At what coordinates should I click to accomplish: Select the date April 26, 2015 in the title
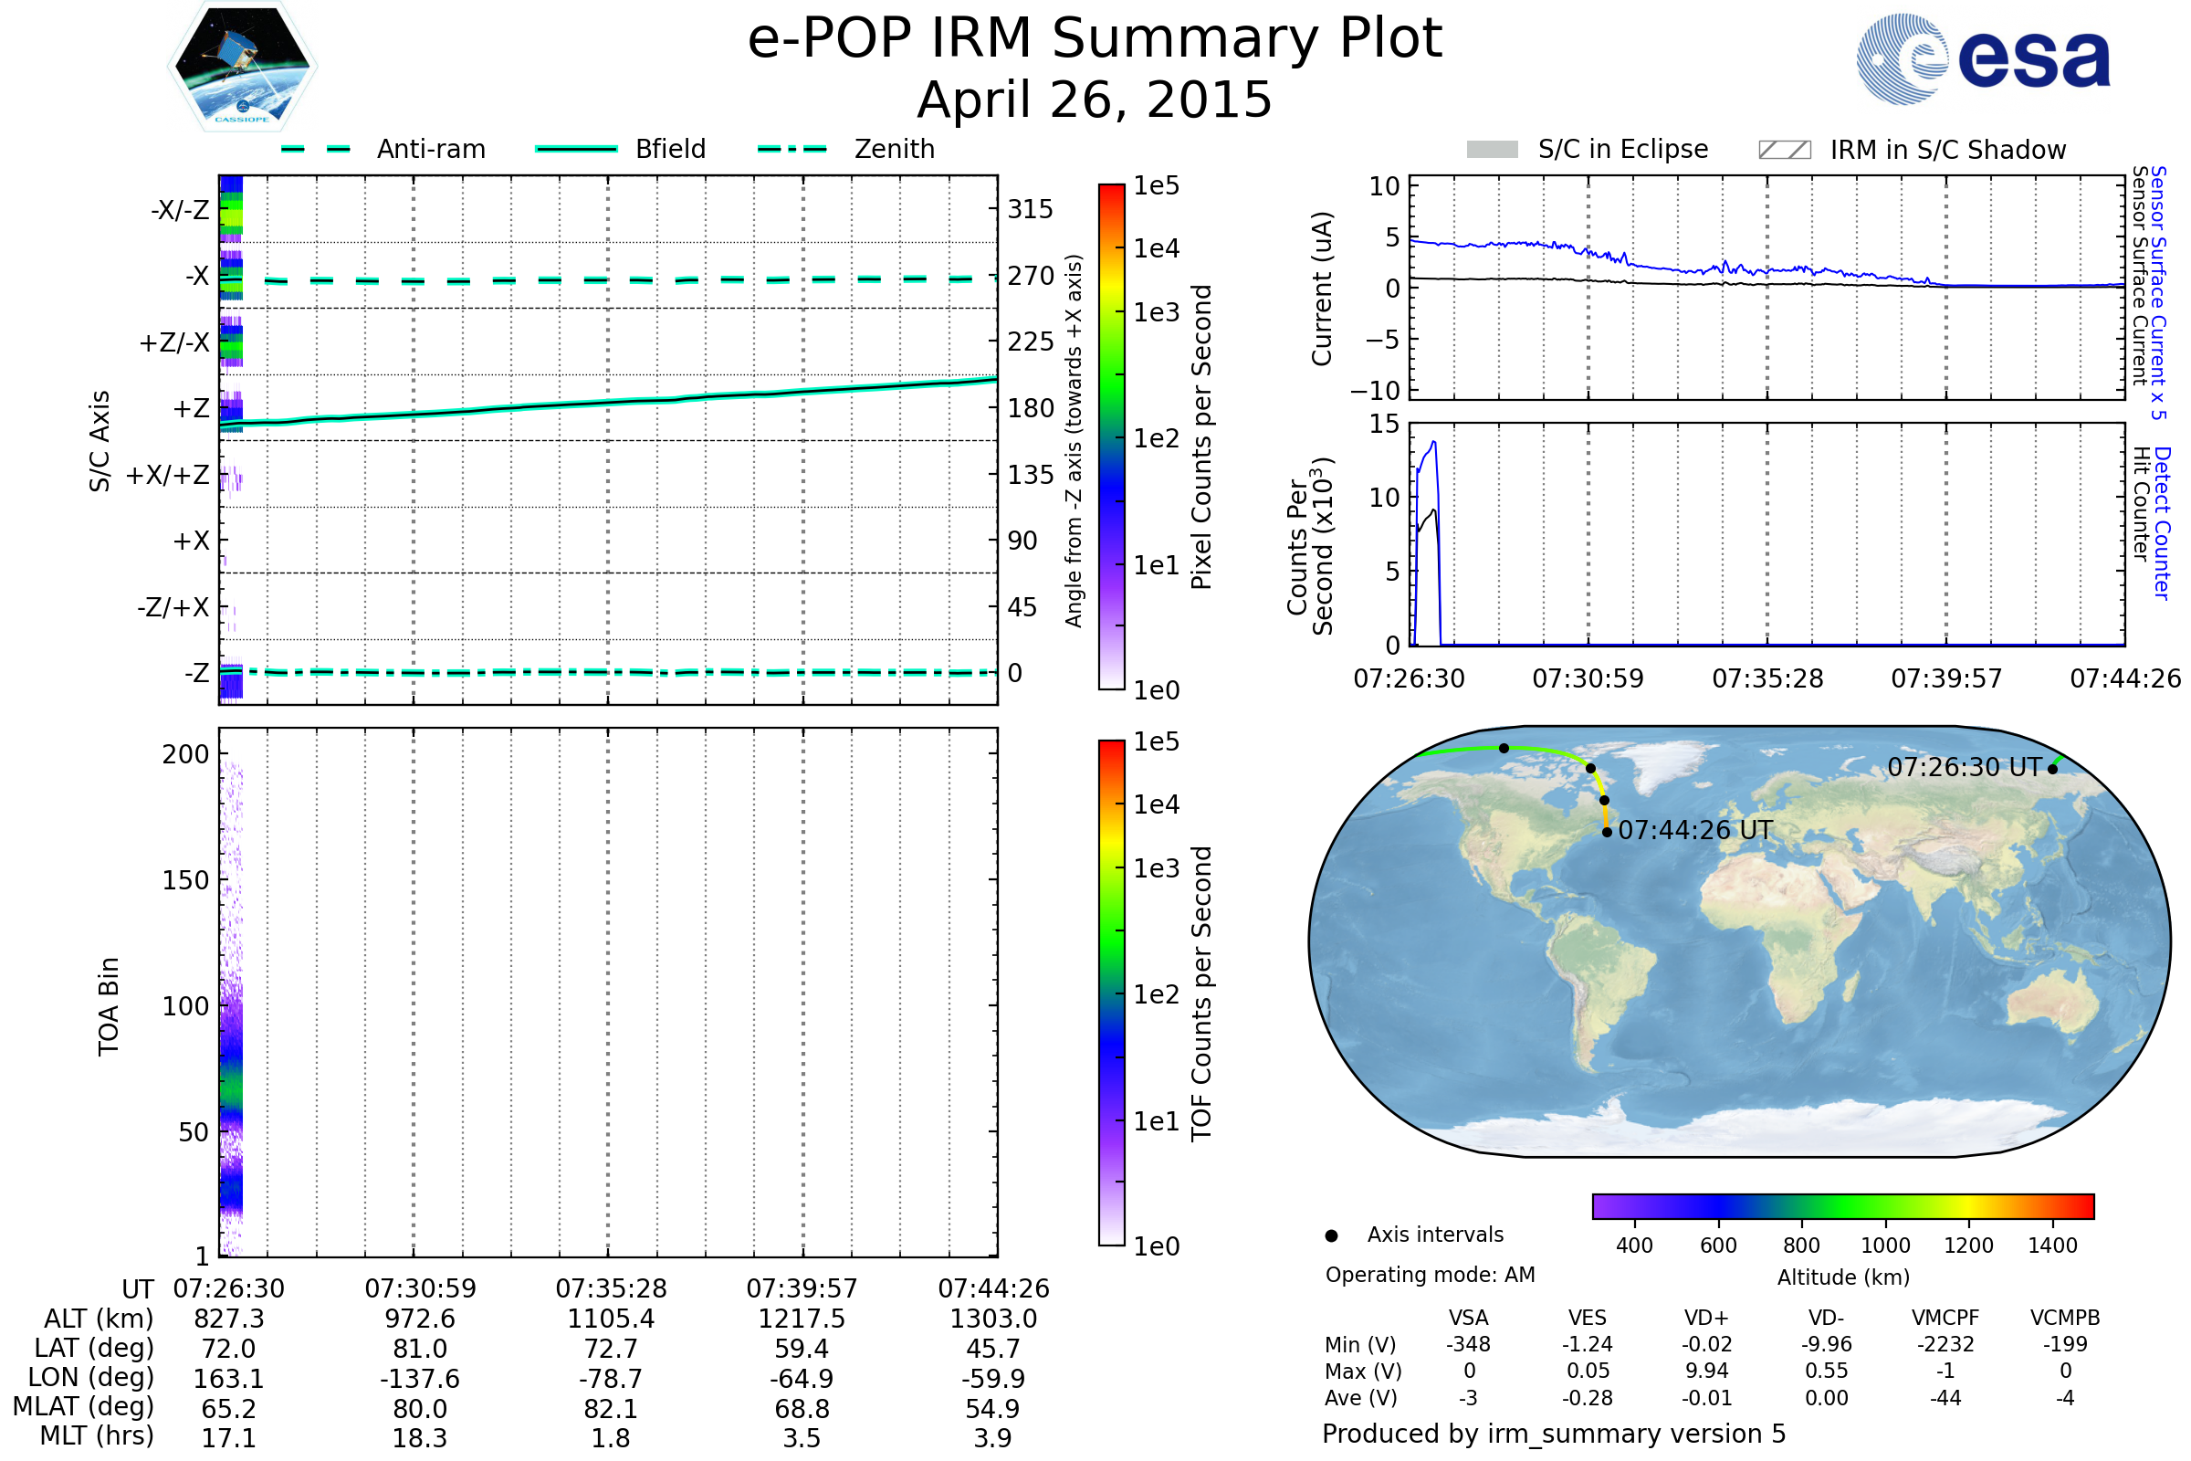coord(1095,100)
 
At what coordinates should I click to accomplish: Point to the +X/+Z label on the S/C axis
coord(168,475)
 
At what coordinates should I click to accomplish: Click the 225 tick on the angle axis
coord(1030,342)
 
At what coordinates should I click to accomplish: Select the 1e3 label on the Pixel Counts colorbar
coord(1156,312)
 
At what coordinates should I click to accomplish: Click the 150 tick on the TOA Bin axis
coord(185,879)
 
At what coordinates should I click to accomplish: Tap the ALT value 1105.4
coord(611,1319)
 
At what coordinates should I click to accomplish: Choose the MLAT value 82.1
coord(611,1409)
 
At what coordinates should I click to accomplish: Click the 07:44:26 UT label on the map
coord(1695,830)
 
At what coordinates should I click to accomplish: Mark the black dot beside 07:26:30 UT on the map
coord(2052,769)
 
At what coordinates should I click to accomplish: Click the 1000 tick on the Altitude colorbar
coord(1885,1246)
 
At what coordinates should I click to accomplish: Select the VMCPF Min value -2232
coord(1945,1344)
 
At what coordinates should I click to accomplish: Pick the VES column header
coord(1588,1318)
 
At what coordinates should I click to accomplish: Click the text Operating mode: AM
coord(1430,1275)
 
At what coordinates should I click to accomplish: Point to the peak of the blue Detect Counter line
coord(1433,442)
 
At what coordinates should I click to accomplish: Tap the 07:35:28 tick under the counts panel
coord(1767,678)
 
